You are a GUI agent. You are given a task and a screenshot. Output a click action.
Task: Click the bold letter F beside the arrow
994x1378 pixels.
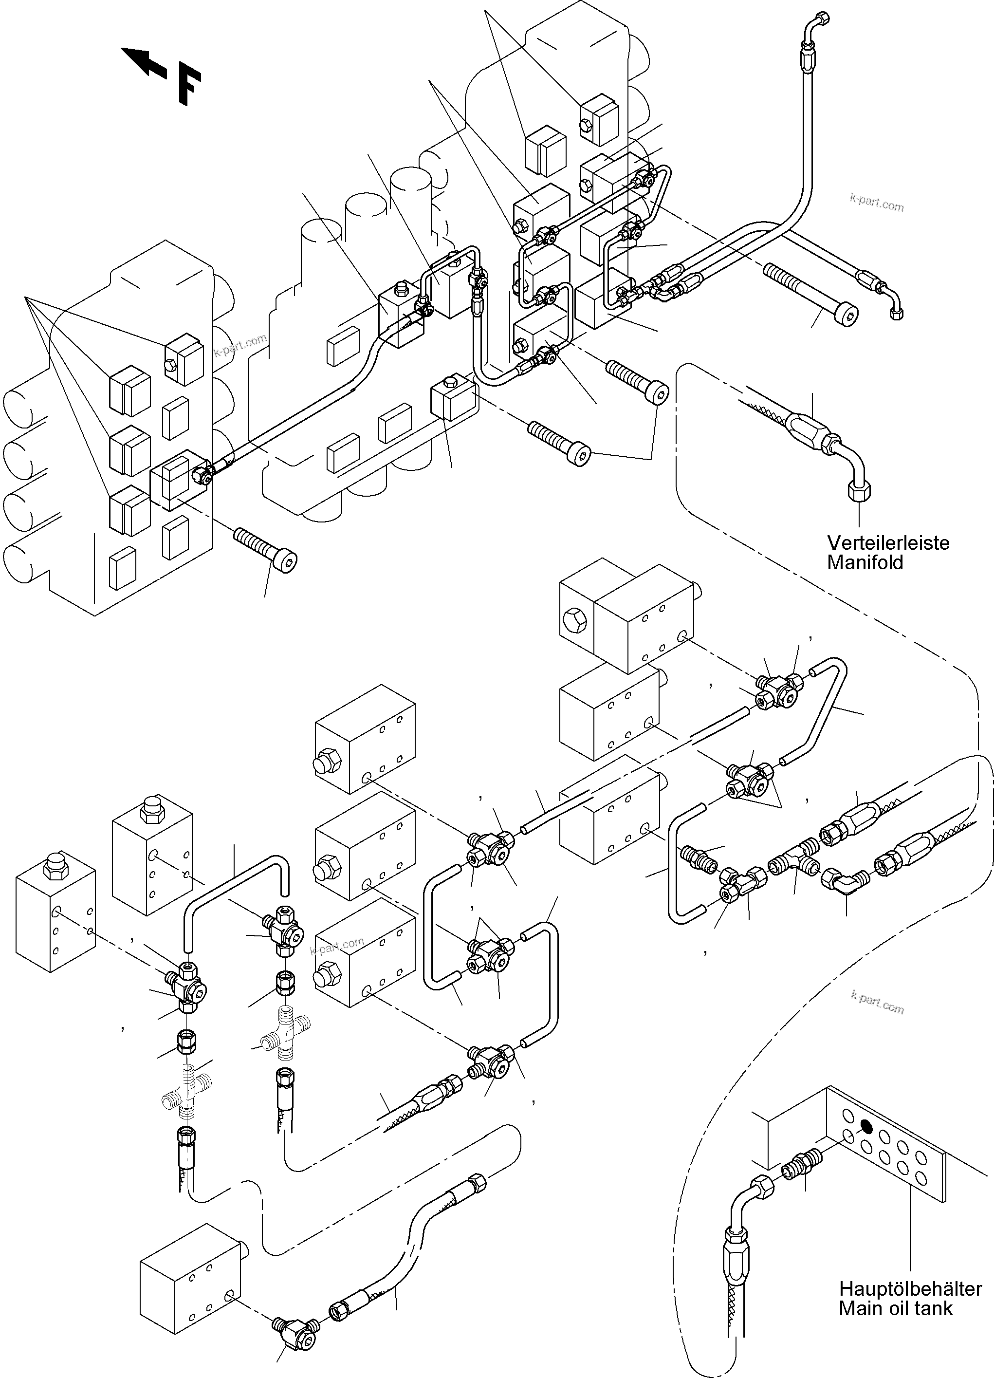189,87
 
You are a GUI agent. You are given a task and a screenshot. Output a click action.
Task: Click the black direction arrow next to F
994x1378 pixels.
144,63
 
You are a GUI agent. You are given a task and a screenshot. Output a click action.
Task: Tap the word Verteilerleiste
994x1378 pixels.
888,542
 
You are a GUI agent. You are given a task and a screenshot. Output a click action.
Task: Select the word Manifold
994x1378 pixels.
865,562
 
